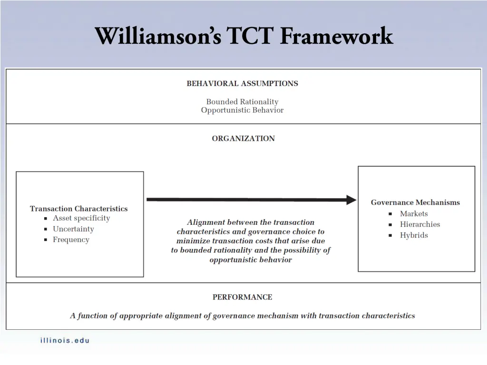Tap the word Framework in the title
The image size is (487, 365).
(x=336, y=36)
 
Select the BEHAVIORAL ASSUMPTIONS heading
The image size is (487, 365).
(x=243, y=84)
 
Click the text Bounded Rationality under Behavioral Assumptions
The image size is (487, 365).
(x=242, y=102)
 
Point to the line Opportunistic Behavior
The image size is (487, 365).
(x=242, y=110)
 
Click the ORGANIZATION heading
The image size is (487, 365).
(x=243, y=139)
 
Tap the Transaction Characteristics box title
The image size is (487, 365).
(x=79, y=209)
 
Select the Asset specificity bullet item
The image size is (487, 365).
(x=81, y=218)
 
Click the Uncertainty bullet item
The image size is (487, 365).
(x=73, y=229)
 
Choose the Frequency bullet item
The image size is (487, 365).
(x=71, y=240)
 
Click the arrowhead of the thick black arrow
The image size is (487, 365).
(x=351, y=200)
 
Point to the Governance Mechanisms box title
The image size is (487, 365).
(x=415, y=202)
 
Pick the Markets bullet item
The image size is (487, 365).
(x=414, y=214)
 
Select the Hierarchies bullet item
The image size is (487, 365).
(x=420, y=224)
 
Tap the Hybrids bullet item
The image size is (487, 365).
(x=414, y=235)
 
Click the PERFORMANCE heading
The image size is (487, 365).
(x=243, y=298)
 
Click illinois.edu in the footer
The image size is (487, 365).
(x=65, y=340)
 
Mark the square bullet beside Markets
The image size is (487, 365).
(x=390, y=214)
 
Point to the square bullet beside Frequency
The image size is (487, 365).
(x=46, y=240)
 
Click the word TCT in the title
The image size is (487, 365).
(x=250, y=36)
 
